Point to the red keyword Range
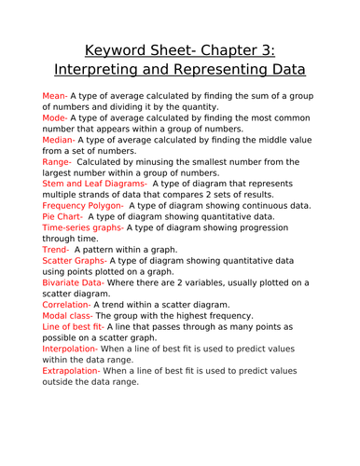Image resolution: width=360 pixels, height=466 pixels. click(58, 162)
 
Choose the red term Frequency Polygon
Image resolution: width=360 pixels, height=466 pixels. click(83, 205)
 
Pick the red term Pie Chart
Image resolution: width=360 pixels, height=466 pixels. click(63, 216)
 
